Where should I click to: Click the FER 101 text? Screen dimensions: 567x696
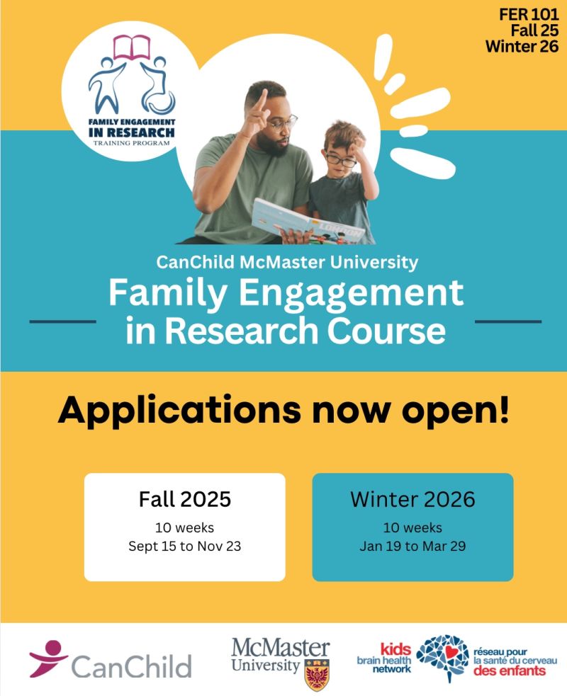[x=528, y=14]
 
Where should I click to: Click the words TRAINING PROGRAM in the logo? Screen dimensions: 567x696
[x=132, y=143]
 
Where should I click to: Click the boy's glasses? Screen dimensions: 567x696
[x=340, y=159]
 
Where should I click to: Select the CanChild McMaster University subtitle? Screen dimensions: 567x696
[x=287, y=262]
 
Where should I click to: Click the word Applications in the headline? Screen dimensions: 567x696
[x=179, y=411]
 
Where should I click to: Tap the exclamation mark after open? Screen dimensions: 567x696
[x=503, y=408]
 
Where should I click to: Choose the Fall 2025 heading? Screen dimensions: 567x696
[x=185, y=499]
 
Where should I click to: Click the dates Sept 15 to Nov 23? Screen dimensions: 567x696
[x=185, y=546]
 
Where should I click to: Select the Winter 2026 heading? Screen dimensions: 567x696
[x=412, y=499]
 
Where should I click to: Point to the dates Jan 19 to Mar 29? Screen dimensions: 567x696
[x=412, y=546]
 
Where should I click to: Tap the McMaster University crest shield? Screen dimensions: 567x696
[x=317, y=675]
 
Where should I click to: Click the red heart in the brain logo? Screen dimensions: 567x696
[x=452, y=652]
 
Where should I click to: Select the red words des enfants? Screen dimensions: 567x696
[x=509, y=671]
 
